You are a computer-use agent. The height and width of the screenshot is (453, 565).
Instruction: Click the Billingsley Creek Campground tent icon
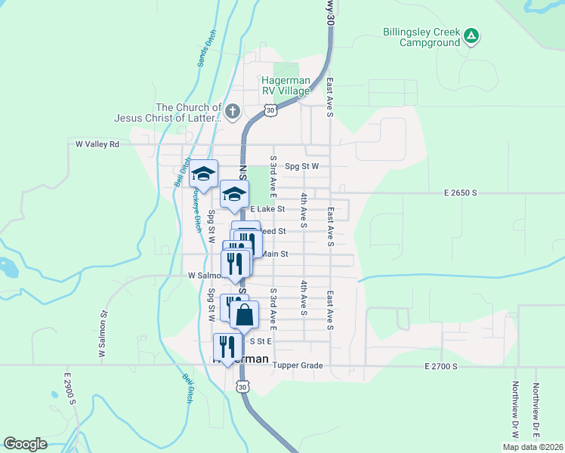tap(471, 35)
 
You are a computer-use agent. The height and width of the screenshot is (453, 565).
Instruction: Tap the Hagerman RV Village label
tap(286, 85)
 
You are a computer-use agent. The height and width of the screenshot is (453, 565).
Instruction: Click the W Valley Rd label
tap(97, 143)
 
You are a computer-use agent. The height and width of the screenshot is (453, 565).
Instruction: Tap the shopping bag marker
tap(244, 315)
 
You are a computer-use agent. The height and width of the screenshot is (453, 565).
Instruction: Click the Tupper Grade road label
tap(298, 365)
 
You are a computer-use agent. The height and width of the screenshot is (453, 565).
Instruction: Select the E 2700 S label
tap(440, 365)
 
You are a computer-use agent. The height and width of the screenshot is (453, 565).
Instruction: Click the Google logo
tap(25, 444)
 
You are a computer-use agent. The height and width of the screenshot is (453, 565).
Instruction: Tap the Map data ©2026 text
tap(531, 447)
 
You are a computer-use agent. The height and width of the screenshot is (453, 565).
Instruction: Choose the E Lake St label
tap(267, 208)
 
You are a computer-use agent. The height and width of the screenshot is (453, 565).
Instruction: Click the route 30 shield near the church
tap(270, 110)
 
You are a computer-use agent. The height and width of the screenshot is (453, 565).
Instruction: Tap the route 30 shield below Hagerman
tap(241, 387)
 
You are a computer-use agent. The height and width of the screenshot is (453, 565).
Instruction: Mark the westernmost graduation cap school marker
tap(203, 174)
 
